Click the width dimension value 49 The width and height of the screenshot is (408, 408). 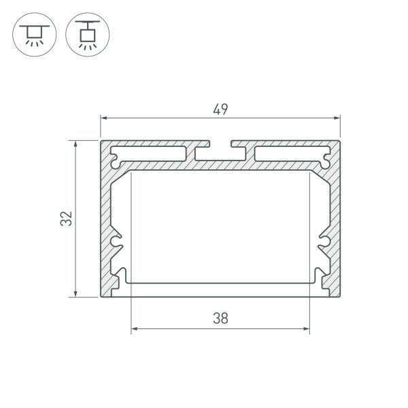click(x=220, y=109)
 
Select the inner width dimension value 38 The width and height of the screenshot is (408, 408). click(x=220, y=317)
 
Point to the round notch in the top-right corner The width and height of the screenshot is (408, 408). click(x=326, y=161)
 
